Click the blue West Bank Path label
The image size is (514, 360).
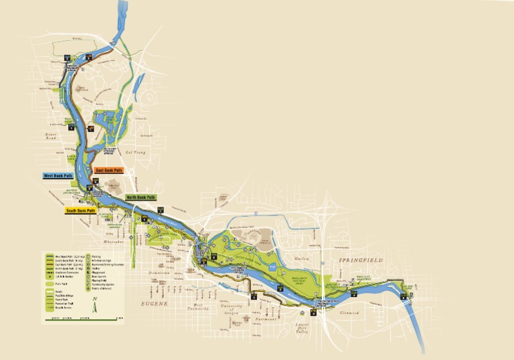(58, 176)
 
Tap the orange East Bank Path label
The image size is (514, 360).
(109, 171)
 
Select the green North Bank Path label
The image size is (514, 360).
(141, 197)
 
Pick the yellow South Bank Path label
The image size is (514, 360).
(80, 211)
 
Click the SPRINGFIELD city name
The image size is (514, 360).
(360, 259)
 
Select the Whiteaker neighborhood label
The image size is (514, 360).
(114, 242)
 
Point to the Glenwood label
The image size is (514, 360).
(349, 312)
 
